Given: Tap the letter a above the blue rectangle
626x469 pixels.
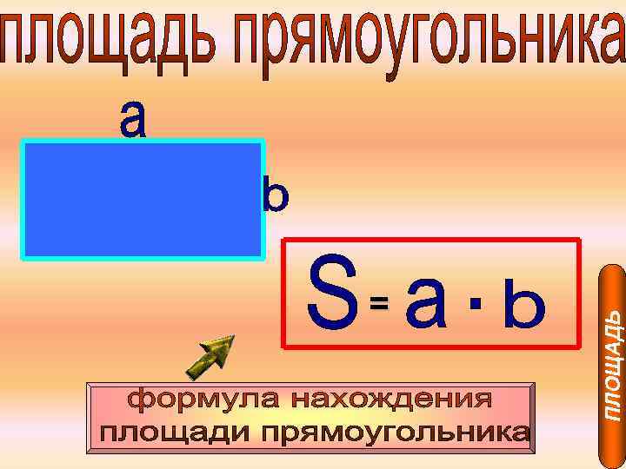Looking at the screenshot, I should pos(133,119).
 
